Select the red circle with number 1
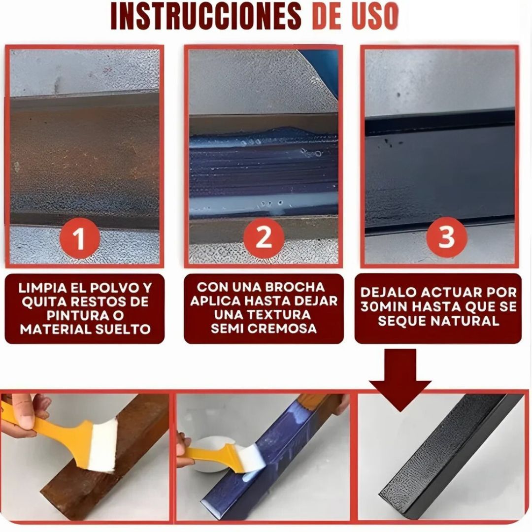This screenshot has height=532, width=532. click(x=79, y=240)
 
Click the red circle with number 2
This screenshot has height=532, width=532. click(x=264, y=238)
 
